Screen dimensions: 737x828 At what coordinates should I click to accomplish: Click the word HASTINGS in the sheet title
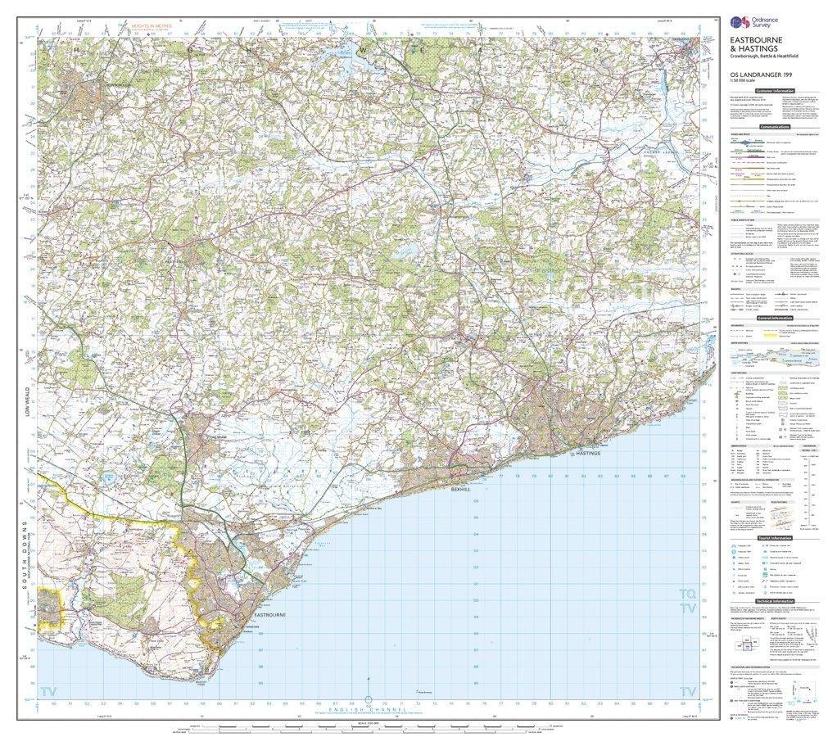[x=757, y=48]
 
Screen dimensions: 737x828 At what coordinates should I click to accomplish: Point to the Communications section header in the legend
[x=774, y=127]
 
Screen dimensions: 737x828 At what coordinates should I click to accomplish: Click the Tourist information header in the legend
[x=774, y=538]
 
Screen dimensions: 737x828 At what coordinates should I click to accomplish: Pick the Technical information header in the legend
[x=774, y=601]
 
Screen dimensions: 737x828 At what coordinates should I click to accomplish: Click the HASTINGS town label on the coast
[x=589, y=453]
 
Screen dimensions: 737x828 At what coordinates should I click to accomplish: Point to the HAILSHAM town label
[x=215, y=439]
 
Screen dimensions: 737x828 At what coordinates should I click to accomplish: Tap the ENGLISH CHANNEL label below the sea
[x=368, y=709]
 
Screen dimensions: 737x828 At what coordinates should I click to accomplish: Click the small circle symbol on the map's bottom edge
[x=368, y=700]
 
